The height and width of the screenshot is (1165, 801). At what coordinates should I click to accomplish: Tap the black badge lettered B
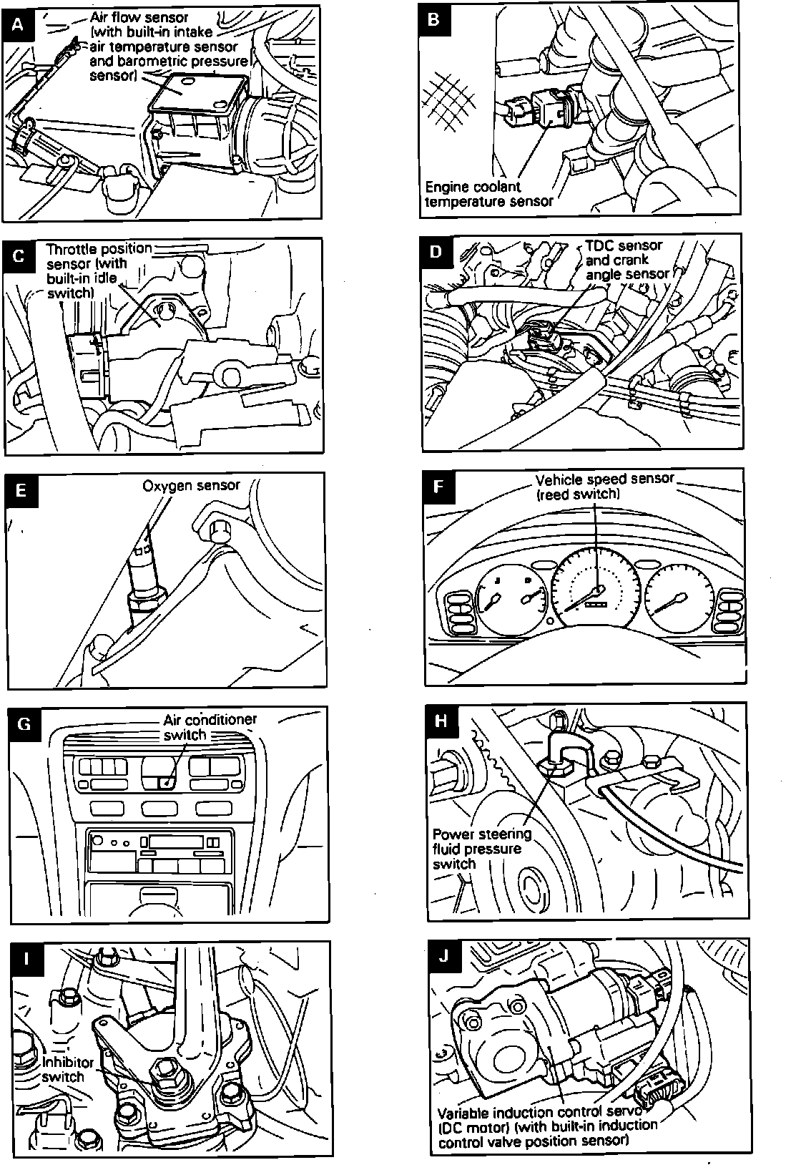(x=433, y=19)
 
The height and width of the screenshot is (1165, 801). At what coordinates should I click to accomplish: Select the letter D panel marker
(x=437, y=251)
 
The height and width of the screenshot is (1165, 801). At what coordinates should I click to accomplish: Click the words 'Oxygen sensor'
(x=191, y=486)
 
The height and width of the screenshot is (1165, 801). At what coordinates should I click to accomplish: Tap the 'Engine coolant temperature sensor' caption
(x=488, y=194)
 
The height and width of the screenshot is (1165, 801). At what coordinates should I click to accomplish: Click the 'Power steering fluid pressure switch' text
(x=482, y=849)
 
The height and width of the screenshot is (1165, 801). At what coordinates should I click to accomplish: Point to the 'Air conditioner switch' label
(x=210, y=726)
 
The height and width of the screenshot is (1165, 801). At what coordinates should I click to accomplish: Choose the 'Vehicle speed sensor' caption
(x=604, y=486)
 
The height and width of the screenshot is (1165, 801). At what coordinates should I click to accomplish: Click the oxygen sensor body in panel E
(x=144, y=580)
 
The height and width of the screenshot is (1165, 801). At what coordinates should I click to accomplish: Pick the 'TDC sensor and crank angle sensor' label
(x=626, y=259)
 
